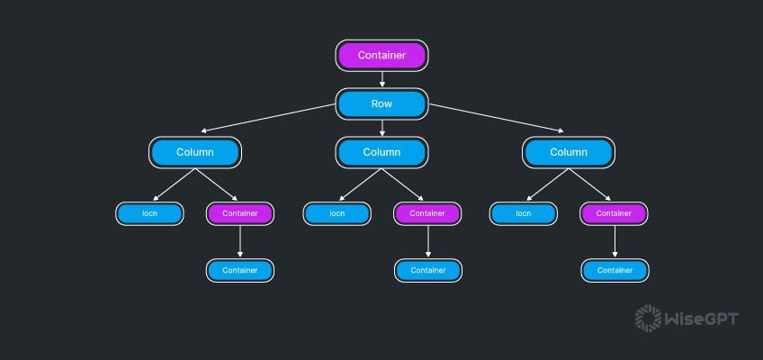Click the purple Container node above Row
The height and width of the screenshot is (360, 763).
click(381, 56)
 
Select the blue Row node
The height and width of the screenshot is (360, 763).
click(381, 104)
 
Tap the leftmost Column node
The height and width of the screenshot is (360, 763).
click(194, 152)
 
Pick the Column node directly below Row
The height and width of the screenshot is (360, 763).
click(381, 152)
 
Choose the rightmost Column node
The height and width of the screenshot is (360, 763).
click(569, 152)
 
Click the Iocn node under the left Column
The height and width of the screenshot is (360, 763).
click(149, 213)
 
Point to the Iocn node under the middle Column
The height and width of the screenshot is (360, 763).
click(337, 213)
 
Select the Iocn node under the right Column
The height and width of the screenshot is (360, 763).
click(524, 213)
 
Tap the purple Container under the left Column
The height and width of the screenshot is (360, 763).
click(239, 213)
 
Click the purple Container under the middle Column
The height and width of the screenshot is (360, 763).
click(427, 213)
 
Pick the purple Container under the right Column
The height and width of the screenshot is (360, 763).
click(614, 213)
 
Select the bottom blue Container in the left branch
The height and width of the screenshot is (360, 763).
click(239, 270)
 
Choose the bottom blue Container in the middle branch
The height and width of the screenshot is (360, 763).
click(427, 270)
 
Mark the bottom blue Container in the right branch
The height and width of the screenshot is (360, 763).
click(614, 270)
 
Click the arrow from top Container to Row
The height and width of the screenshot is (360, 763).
click(381, 79)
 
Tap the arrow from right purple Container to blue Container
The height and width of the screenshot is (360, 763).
click(614, 241)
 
